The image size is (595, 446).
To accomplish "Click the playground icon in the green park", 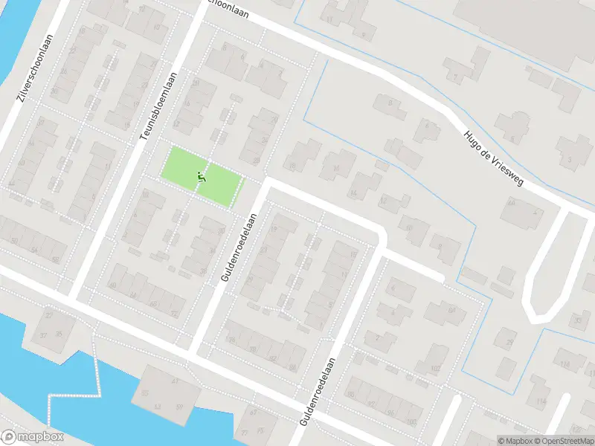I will pyautogui.click(x=201, y=177).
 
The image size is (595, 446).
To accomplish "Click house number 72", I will pyautogui.click(x=174, y=314).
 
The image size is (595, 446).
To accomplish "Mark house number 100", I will pyautogui.click(x=411, y=422).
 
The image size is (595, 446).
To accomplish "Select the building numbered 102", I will pyautogui.click(x=434, y=369).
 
